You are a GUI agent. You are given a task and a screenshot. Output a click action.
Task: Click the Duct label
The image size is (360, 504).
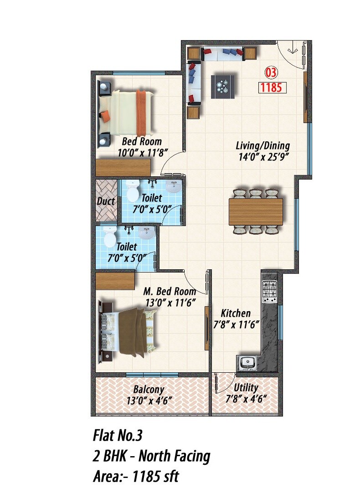106,201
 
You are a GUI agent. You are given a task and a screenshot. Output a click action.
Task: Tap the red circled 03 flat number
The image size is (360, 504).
271,72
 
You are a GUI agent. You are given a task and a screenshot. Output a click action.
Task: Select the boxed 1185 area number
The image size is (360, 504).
271,87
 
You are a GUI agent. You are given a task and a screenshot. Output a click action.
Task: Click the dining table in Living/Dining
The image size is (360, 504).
256,211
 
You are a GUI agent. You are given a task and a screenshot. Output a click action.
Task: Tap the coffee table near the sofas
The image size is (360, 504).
224,86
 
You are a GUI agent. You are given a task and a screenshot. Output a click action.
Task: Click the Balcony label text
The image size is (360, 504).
149,390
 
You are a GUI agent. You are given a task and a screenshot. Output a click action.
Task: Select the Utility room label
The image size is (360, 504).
246,388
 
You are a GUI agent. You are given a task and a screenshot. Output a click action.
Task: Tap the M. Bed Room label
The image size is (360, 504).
170,291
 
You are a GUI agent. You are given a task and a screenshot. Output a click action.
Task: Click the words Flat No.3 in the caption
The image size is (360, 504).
118,436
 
